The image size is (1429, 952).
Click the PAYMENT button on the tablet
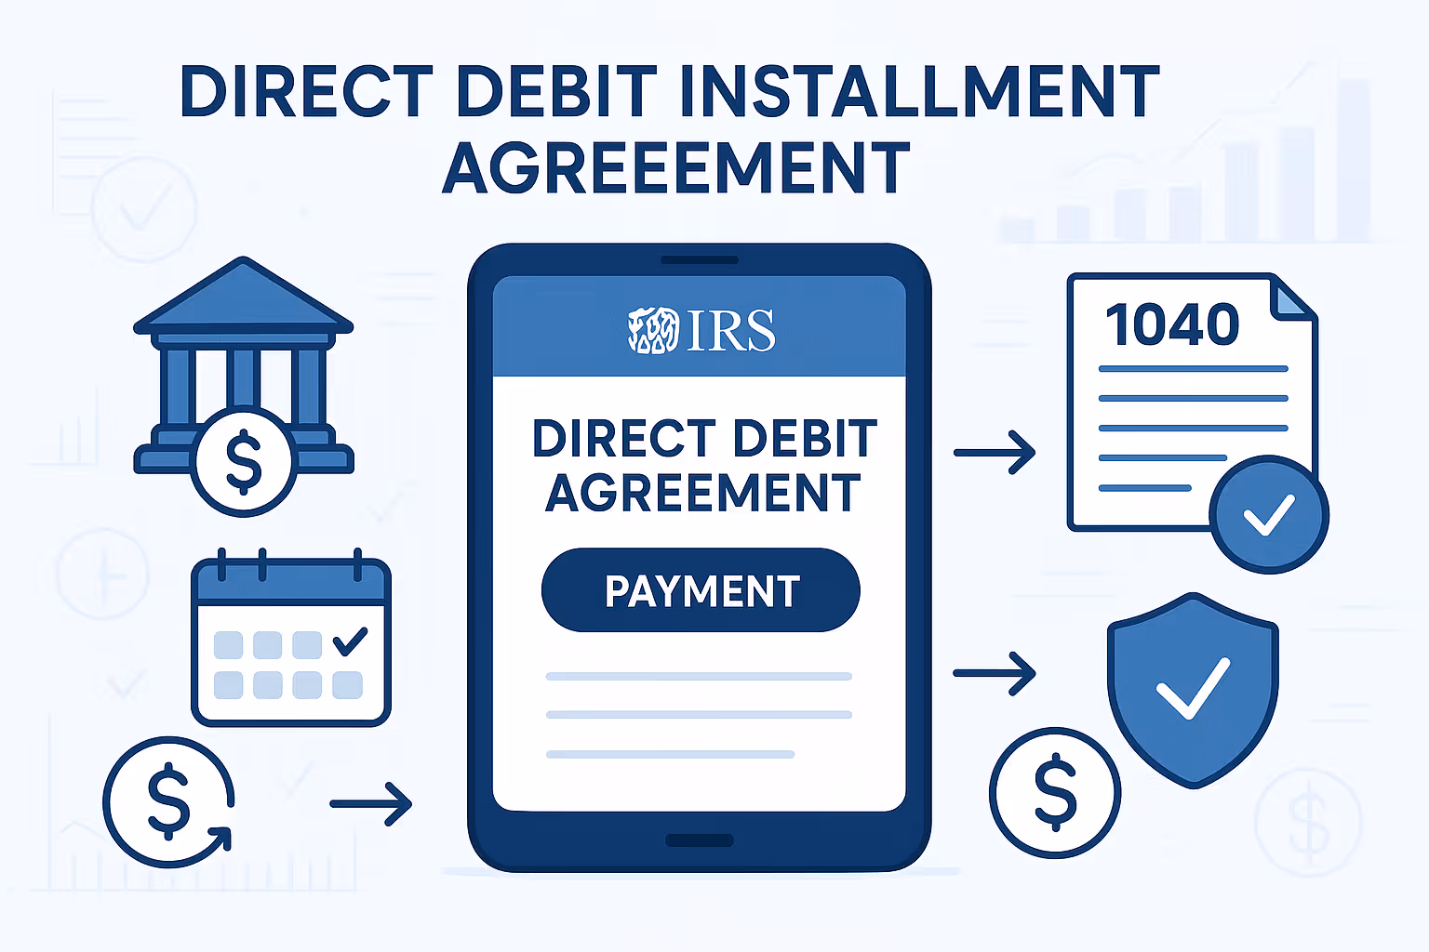pyautogui.click(x=701, y=590)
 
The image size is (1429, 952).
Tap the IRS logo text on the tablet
pyautogui.click(x=729, y=330)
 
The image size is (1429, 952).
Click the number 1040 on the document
pyautogui.click(x=1172, y=324)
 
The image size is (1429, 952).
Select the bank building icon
pyautogui.click(x=244, y=363)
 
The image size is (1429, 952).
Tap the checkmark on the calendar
pyautogui.click(x=350, y=641)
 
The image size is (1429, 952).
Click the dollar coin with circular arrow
pyautogui.click(x=168, y=801)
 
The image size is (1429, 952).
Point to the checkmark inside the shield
pyautogui.click(x=1193, y=688)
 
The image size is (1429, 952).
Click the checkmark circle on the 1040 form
pyautogui.click(x=1269, y=514)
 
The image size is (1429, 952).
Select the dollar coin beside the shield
pyautogui.click(x=1055, y=792)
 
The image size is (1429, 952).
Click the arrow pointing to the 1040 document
pyautogui.click(x=995, y=453)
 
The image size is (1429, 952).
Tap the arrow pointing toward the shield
pyautogui.click(x=995, y=672)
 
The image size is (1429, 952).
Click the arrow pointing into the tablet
pyautogui.click(x=371, y=803)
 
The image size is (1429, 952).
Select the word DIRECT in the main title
pyautogui.click(x=307, y=92)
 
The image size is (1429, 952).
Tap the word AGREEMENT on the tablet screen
pyautogui.click(x=703, y=493)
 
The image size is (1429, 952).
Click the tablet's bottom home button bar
pyautogui.click(x=700, y=840)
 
